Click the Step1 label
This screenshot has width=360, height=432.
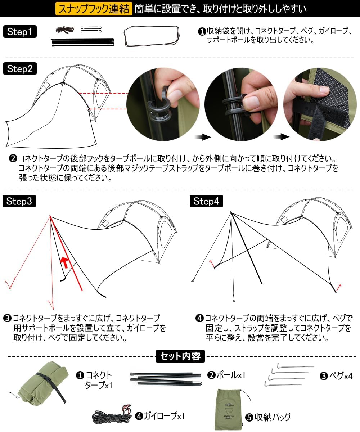(20, 31)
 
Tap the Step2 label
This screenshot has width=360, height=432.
(20, 68)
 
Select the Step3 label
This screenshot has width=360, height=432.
(19, 201)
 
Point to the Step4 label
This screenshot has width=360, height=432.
(206, 201)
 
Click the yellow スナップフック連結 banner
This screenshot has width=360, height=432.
(94, 9)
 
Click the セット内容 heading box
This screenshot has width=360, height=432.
(180, 356)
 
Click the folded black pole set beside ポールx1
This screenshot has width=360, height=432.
(166, 379)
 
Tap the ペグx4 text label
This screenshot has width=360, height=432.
(341, 375)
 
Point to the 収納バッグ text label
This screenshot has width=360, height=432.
(273, 417)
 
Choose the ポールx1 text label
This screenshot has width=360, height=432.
(231, 375)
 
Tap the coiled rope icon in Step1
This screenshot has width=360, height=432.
(65, 30)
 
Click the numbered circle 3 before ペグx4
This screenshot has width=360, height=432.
(324, 376)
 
